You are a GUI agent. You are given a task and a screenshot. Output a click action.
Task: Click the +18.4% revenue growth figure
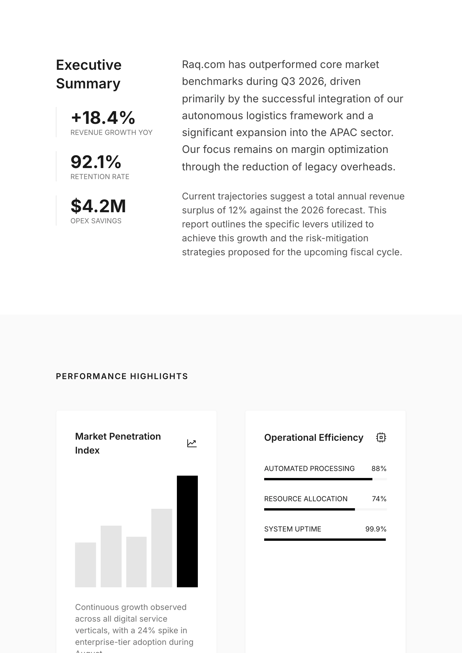point(103,118)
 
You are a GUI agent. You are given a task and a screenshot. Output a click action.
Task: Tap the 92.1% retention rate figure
point(96,162)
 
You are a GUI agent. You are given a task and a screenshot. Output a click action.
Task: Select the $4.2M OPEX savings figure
point(98,206)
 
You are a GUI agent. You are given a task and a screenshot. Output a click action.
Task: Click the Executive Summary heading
point(89,74)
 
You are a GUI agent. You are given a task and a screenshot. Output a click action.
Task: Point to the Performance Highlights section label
point(122,376)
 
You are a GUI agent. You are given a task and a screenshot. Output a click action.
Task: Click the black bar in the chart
point(187,531)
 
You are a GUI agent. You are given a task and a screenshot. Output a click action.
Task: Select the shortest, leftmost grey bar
point(85,565)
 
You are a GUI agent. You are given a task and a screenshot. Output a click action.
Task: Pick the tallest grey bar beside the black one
point(161,548)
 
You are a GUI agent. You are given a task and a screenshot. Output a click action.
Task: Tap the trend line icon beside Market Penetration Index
point(192,443)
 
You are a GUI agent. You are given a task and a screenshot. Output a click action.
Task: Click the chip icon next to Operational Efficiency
point(381,437)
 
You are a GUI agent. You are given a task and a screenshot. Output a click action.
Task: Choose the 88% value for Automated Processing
point(379,469)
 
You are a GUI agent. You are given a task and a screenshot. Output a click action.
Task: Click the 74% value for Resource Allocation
point(379,499)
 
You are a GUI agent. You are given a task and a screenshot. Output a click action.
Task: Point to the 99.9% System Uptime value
point(376,529)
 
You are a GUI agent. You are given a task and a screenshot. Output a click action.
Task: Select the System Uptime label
point(292,529)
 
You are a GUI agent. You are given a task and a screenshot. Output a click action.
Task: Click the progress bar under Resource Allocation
point(325,509)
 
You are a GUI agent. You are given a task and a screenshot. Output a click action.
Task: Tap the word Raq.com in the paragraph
point(203,65)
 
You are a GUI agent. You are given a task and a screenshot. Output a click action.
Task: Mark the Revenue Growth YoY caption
point(111,133)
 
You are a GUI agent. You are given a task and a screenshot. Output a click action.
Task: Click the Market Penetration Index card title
point(118,443)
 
